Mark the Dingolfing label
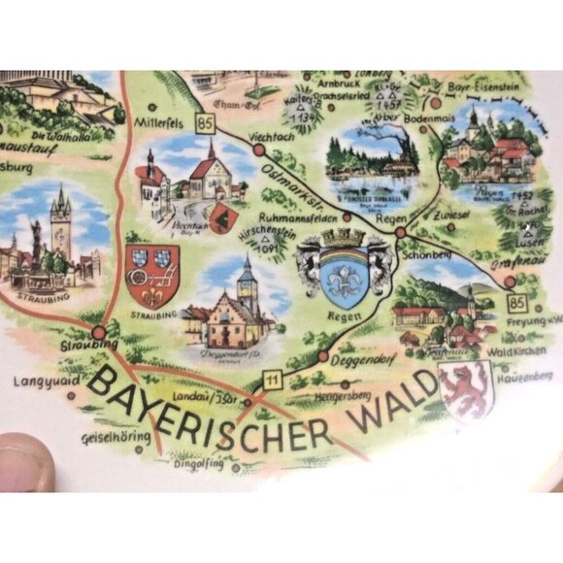coord(198,464)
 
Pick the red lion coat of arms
coord(463,390)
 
